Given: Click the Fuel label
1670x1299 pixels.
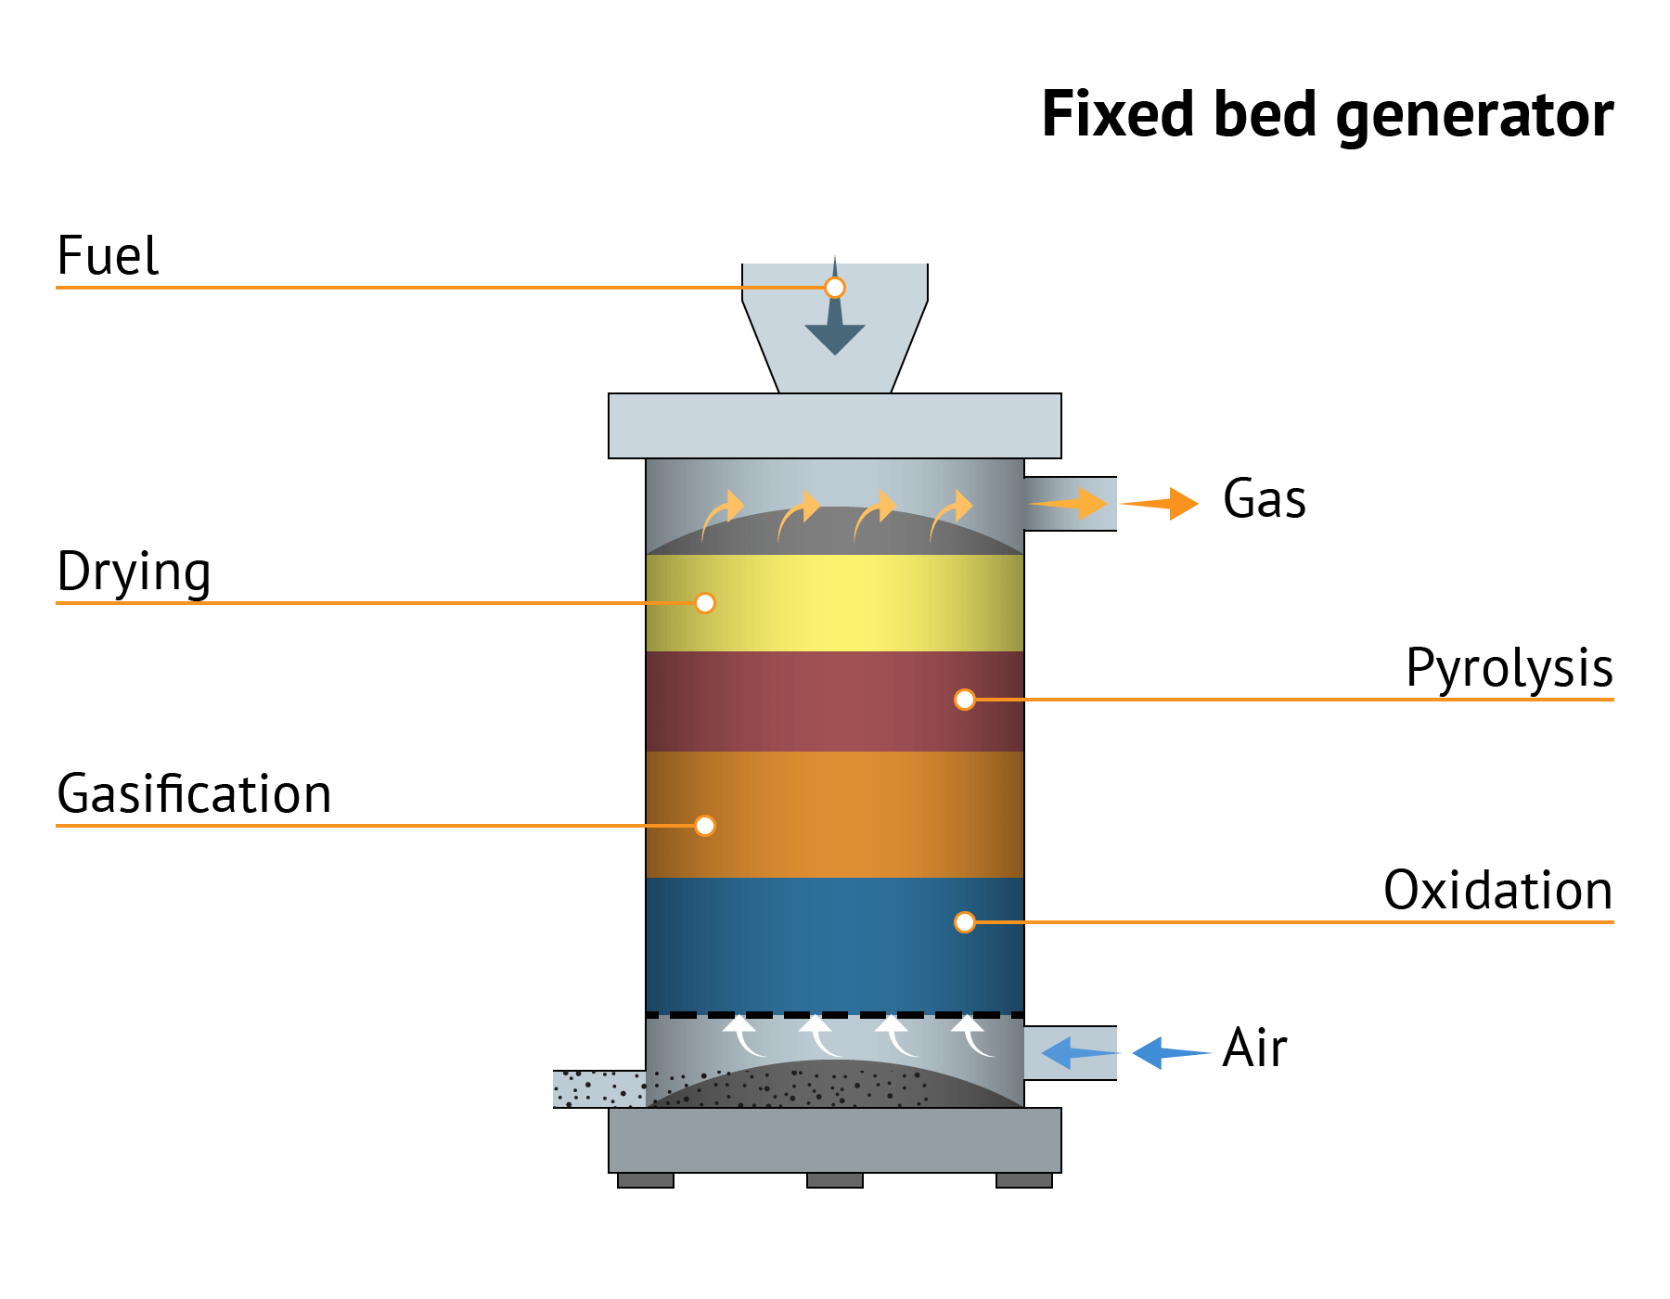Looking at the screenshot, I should pos(108,256).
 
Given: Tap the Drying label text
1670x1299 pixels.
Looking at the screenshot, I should pos(134,572).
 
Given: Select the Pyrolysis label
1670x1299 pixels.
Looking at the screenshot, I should pos(1509,668).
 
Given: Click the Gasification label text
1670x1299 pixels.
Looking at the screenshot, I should pos(194,794).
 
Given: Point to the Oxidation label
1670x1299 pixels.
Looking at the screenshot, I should pos(1497,891).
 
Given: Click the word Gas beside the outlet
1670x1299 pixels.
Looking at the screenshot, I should pos(1264,499).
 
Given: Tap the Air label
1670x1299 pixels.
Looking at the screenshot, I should pos(1254,1048).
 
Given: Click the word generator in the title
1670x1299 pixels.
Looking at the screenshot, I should pos(1474,115).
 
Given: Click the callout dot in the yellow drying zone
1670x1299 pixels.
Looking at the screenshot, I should pos(705,603).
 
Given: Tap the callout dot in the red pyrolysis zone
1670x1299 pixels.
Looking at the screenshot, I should pos(965,700).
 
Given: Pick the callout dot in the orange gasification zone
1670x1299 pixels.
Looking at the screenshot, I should pos(705,826).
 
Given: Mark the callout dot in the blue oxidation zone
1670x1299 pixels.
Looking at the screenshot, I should pos(965,922).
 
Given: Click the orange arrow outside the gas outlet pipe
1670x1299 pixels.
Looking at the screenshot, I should pos(1163,504).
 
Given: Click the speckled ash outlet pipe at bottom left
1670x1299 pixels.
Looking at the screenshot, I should pos(597,1088).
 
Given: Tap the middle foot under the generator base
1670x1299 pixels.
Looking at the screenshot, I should pos(835,1180).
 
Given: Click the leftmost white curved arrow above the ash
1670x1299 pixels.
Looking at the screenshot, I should pos(743,1035).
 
